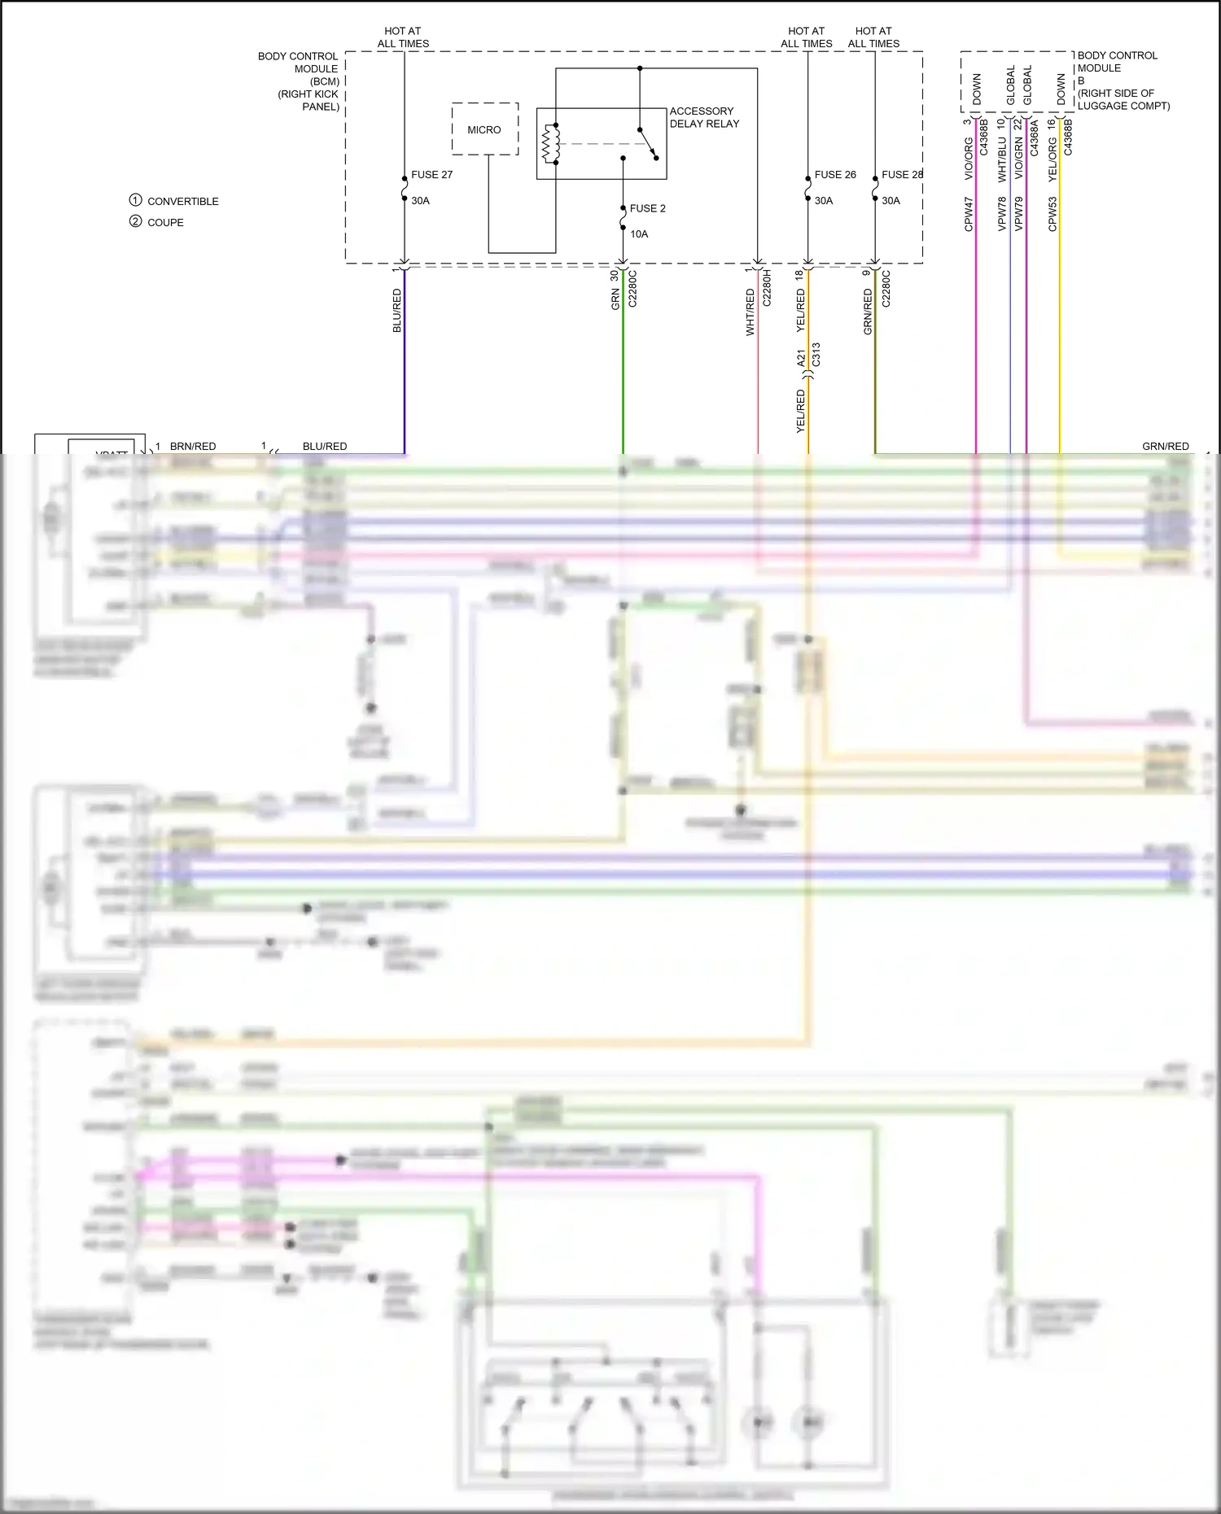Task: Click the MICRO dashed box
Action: [485, 129]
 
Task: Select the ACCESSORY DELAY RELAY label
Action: [704, 117]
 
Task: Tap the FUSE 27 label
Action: [431, 175]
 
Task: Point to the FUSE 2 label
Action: [647, 208]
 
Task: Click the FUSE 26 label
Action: [835, 175]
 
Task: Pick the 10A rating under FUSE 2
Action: [639, 234]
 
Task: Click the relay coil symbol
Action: [552, 144]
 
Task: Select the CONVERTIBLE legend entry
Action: [182, 202]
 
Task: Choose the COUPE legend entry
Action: [165, 223]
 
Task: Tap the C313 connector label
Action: [816, 354]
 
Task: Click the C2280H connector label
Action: [766, 288]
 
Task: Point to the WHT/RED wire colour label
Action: [751, 312]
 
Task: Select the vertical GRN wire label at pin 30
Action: [615, 299]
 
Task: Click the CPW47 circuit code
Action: [969, 214]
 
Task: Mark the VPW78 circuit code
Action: [1002, 214]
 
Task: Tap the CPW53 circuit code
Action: [1053, 214]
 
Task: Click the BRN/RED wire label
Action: [193, 447]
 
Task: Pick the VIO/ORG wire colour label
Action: [969, 159]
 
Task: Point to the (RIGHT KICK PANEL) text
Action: [309, 100]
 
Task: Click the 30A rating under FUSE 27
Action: [420, 201]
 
